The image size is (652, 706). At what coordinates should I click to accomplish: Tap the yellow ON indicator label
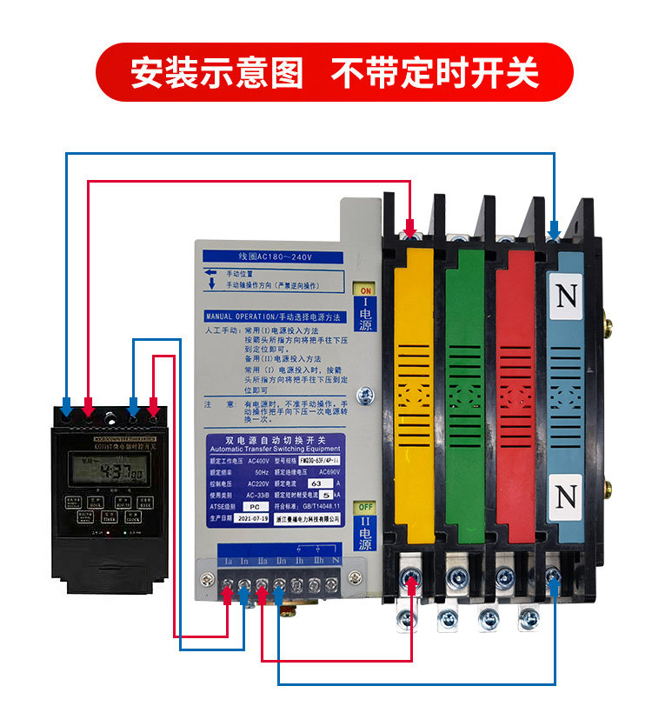364,290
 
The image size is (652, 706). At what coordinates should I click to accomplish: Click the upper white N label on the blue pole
567,296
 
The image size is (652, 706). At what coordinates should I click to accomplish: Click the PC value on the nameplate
254,505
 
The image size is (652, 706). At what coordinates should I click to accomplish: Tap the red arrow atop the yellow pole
409,230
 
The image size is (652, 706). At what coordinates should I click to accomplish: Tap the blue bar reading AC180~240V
275,257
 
